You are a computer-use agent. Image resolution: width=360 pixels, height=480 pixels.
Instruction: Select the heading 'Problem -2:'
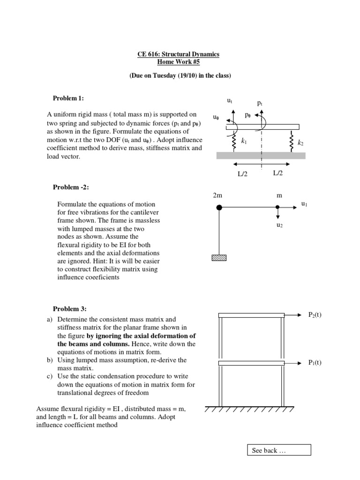coord(71,187)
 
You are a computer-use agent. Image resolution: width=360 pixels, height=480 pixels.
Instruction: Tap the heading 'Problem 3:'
coord(69,308)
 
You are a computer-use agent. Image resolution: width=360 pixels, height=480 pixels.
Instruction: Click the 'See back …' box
coord(278,450)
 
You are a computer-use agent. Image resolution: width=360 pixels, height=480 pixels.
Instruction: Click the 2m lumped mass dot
coord(219,207)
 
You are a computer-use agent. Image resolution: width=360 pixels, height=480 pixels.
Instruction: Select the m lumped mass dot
coord(278,207)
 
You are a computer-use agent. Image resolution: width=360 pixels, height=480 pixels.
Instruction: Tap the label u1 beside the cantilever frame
coord(304,204)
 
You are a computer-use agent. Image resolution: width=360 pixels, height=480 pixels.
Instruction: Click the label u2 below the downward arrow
coord(279,225)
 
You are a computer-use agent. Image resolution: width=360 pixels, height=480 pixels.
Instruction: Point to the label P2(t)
coord(315,315)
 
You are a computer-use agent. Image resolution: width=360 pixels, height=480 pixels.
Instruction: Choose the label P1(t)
coord(315,362)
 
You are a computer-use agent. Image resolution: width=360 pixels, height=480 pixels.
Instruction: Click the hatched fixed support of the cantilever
coord(218,257)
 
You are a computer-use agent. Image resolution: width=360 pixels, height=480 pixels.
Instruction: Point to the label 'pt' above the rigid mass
coord(260,102)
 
